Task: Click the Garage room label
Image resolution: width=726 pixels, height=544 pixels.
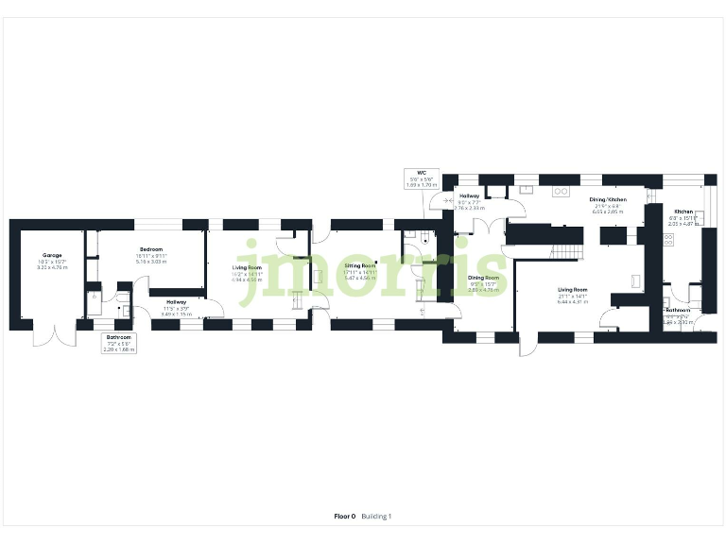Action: pyautogui.click(x=51, y=256)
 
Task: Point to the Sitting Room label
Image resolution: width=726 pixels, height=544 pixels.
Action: pyautogui.click(x=360, y=266)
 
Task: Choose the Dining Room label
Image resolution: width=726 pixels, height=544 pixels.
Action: pyautogui.click(x=483, y=278)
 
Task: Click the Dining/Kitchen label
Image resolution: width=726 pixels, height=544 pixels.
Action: pyautogui.click(x=609, y=200)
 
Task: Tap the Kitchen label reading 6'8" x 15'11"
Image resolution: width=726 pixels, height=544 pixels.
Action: pyautogui.click(x=683, y=212)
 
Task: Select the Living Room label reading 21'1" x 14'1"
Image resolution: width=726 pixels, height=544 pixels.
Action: pyautogui.click(x=573, y=290)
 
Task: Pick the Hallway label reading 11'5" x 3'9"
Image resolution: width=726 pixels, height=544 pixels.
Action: pyautogui.click(x=177, y=302)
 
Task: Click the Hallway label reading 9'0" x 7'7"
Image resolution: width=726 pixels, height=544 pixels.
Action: pyautogui.click(x=470, y=195)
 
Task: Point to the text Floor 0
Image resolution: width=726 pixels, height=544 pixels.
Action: pyautogui.click(x=345, y=517)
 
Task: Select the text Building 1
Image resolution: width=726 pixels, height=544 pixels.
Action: pyautogui.click(x=376, y=517)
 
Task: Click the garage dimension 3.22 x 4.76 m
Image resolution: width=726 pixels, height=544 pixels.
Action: pyautogui.click(x=51, y=268)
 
